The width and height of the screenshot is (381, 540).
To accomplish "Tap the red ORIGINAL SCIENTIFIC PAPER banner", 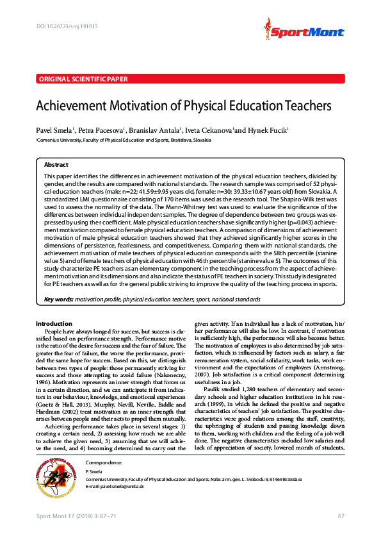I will tap(83, 79).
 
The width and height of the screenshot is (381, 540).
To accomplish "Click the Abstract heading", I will tap(56, 165).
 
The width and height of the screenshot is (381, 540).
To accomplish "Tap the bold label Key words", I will tap(58, 300).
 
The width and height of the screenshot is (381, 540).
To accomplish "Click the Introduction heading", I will tap(54, 323).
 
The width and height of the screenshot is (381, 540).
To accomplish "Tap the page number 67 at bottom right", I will tap(341, 517).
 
